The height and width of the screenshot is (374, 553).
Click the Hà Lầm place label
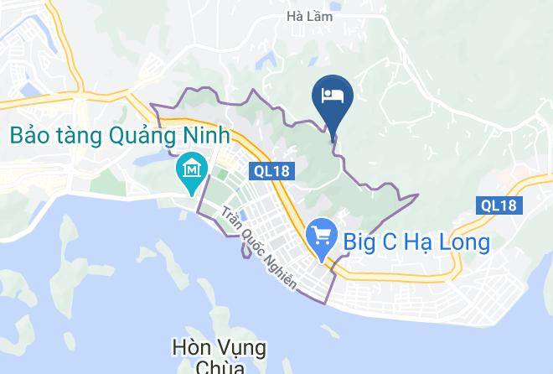point(309,16)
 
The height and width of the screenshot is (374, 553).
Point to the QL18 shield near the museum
point(273,171)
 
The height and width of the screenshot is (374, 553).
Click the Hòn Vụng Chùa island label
point(219,356)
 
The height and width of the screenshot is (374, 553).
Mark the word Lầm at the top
point(322,16)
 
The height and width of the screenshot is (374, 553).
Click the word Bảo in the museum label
point(30,134)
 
